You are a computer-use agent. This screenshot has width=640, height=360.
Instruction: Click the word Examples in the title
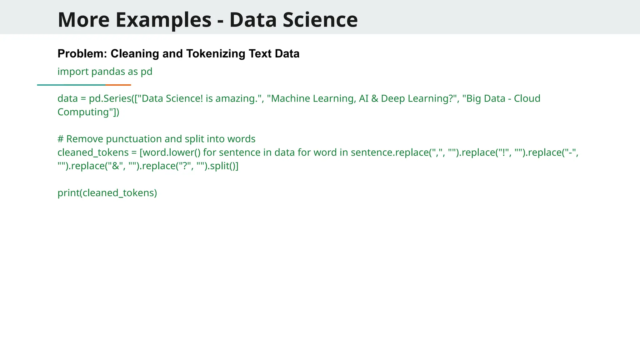click(163, 20)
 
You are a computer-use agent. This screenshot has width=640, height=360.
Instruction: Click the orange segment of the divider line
click(118, 85)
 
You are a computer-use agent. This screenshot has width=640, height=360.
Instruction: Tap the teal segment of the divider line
click(71, 85)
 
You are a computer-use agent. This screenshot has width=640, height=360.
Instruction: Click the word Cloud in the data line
click(527, 98)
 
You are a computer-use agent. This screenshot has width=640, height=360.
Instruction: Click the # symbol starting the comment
click(61, 139)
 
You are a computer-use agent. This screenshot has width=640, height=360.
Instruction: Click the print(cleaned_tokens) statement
click(107, 193)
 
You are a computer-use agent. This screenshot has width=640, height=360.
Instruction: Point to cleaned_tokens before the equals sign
click(93, 152)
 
